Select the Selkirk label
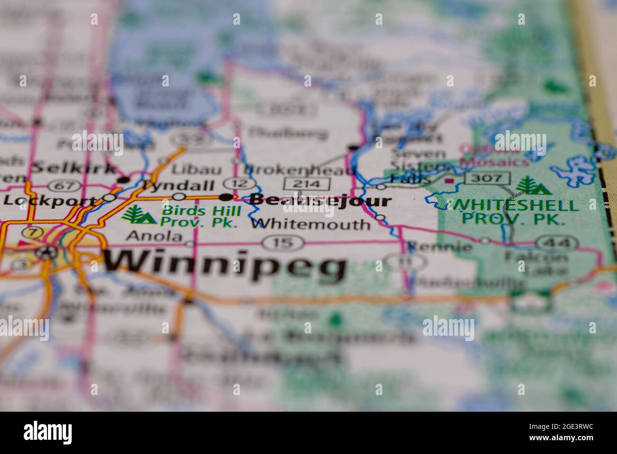(x=74, y=168)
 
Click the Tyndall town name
(x=178, y=186)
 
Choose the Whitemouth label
(x=310, y=224)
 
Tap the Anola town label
(x=155, y=236)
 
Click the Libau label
(x=190, y=170)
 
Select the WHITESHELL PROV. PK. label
(x=515, y=212)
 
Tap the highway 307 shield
(x=487, y=179)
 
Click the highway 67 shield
(x=62, y=185)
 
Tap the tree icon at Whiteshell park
(x=533, y=186)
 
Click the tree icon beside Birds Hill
(x=139, y=215)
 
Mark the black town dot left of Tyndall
(x=124, y=180)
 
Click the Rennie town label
(x=440, y=246)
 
